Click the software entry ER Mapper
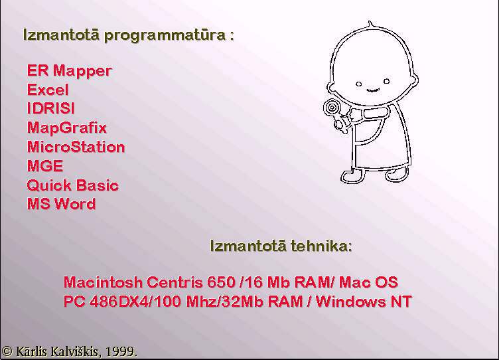(x=70, y=70)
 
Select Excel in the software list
(x=48, y=90)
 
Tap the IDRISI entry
(x=51, y=108)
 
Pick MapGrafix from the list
(x=67, y=128)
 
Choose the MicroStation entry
(x=76, y=147)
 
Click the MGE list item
(x=45, y=166)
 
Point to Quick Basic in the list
(x=73, y=185)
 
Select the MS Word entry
(x=62, y=204)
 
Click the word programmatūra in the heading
(x=165, y=35)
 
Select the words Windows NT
(x=364, y=302)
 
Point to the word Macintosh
(x=103, y=282)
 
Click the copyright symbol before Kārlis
(x=7, y=351)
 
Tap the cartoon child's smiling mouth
(x=373, y=90)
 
